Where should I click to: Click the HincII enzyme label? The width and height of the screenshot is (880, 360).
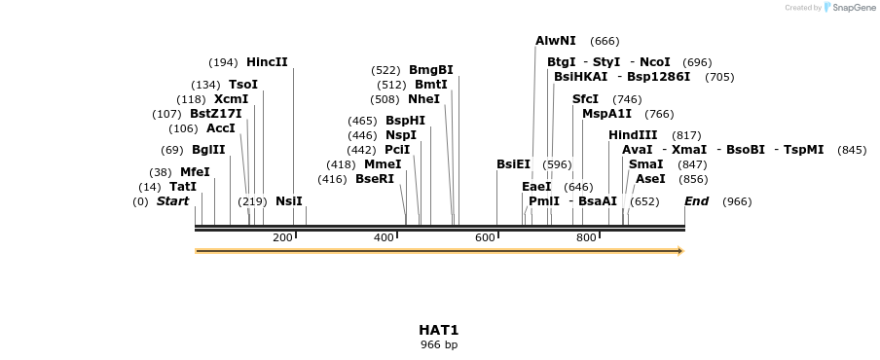[267, 62]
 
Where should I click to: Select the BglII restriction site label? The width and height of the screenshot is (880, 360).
[208, 150]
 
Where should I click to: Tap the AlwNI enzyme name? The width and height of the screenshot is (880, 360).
[556, 41]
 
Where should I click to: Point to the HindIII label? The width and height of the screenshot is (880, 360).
[633, 135]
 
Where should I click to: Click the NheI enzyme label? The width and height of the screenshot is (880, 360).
[423, 99]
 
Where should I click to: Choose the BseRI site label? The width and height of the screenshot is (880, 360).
[375, 179]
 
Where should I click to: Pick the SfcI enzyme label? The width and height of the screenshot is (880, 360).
[585, 99]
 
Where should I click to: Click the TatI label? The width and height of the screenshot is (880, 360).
[183, 187]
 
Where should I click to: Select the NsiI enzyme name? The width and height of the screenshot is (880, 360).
[289, 201]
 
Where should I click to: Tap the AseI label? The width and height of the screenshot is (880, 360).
[650, 179]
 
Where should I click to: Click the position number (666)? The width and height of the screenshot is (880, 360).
[605, 41]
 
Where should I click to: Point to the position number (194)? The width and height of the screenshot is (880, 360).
[223, 62]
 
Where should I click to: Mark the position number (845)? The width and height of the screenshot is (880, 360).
[852, 150]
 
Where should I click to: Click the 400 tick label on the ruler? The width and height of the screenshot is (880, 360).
[384, 238]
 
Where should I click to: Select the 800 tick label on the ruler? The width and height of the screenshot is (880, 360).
[586, 238]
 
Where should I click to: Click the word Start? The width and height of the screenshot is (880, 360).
[172, 201]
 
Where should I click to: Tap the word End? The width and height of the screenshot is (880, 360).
[696, 201]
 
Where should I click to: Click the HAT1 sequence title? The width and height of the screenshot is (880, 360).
[439, 330]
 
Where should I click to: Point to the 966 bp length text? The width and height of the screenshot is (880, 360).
[439, 344]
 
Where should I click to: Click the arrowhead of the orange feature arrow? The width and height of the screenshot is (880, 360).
[680, 251]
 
